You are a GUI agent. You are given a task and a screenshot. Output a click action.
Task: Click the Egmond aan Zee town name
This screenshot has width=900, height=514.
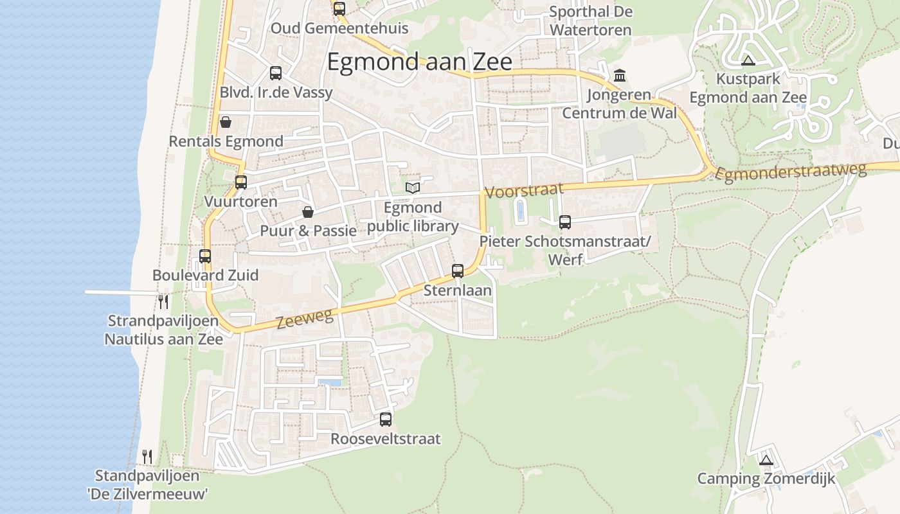point(419,62)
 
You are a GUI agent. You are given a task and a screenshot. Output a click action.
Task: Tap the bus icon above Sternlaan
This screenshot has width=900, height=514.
point(458,271)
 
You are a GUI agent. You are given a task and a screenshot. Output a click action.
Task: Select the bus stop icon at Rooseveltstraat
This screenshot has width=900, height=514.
point(386,420)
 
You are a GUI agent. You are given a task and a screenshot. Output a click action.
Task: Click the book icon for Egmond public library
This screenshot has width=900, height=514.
point(413,188)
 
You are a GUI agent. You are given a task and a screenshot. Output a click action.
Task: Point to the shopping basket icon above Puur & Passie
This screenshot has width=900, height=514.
point(308,212)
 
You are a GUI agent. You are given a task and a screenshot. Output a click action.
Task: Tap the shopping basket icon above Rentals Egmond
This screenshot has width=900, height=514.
point(226,122)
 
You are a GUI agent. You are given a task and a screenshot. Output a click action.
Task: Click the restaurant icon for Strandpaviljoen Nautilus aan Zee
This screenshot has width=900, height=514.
point(164,301)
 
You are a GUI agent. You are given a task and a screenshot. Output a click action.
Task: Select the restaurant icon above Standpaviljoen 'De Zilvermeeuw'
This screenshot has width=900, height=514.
point(148,457)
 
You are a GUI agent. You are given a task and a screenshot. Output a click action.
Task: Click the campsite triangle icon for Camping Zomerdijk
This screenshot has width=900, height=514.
point(765,460)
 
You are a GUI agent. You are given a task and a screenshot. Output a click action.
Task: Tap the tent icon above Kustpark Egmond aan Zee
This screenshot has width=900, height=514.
point(748,61)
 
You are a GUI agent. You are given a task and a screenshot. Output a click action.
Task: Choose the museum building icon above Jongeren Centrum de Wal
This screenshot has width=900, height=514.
point(620,76)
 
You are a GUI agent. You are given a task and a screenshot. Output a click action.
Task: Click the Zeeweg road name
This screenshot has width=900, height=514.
point(305,319)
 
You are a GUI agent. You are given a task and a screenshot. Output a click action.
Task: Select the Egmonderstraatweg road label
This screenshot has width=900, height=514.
point(791,172)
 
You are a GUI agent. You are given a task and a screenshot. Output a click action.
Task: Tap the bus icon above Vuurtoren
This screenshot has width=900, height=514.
point(241,182)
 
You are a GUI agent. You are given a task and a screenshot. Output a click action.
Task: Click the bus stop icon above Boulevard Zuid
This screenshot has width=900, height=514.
point(205,256)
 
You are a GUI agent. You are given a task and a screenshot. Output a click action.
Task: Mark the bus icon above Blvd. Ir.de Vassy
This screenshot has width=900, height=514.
point(276,73)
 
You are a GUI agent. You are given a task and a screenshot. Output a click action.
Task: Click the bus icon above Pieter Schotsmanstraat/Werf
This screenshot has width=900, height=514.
point(565,222)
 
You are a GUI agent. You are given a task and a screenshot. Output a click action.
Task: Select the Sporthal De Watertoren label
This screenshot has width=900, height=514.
point(591,21)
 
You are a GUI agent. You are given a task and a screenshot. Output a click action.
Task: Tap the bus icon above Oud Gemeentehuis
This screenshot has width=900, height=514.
point(339,9)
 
